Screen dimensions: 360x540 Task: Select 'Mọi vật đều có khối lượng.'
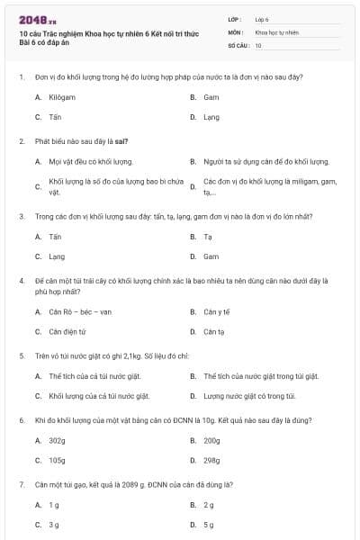[91, 162]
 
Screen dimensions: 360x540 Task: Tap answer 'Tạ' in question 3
[207, 237]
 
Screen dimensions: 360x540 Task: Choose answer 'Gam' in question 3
[211, 256]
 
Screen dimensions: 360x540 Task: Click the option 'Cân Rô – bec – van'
[80, 311]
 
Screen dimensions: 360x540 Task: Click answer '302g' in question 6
[57, 440]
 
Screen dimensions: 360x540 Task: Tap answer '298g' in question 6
[211, 460]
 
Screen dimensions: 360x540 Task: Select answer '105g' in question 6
[57, 460]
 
